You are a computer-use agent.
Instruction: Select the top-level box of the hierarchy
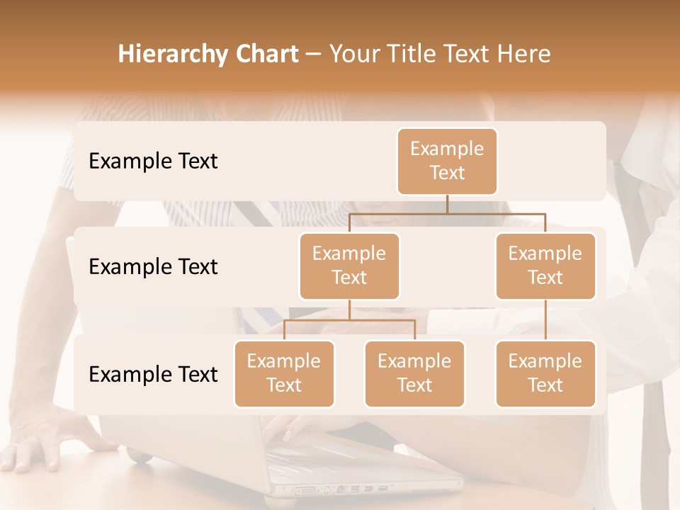(447, 161)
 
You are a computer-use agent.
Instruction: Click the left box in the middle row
(349, 266)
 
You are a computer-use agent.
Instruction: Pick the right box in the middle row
(545, 266)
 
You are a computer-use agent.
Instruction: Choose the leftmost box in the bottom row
(284, 373)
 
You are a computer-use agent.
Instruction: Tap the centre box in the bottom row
(414, 373)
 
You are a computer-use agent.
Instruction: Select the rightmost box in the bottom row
(545, 373)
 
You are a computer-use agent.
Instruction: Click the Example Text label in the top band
(153, 161)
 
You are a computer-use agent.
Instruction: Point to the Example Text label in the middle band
(153, 267)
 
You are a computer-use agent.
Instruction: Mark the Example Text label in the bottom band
(153, 374)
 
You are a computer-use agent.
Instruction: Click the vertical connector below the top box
(447, 204)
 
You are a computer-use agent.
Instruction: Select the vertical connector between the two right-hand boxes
(545, 320)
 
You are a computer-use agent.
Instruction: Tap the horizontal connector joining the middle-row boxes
(447, 213)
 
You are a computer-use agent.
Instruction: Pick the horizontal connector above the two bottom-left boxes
(349, 320)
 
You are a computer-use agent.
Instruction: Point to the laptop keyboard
(319, 453)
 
